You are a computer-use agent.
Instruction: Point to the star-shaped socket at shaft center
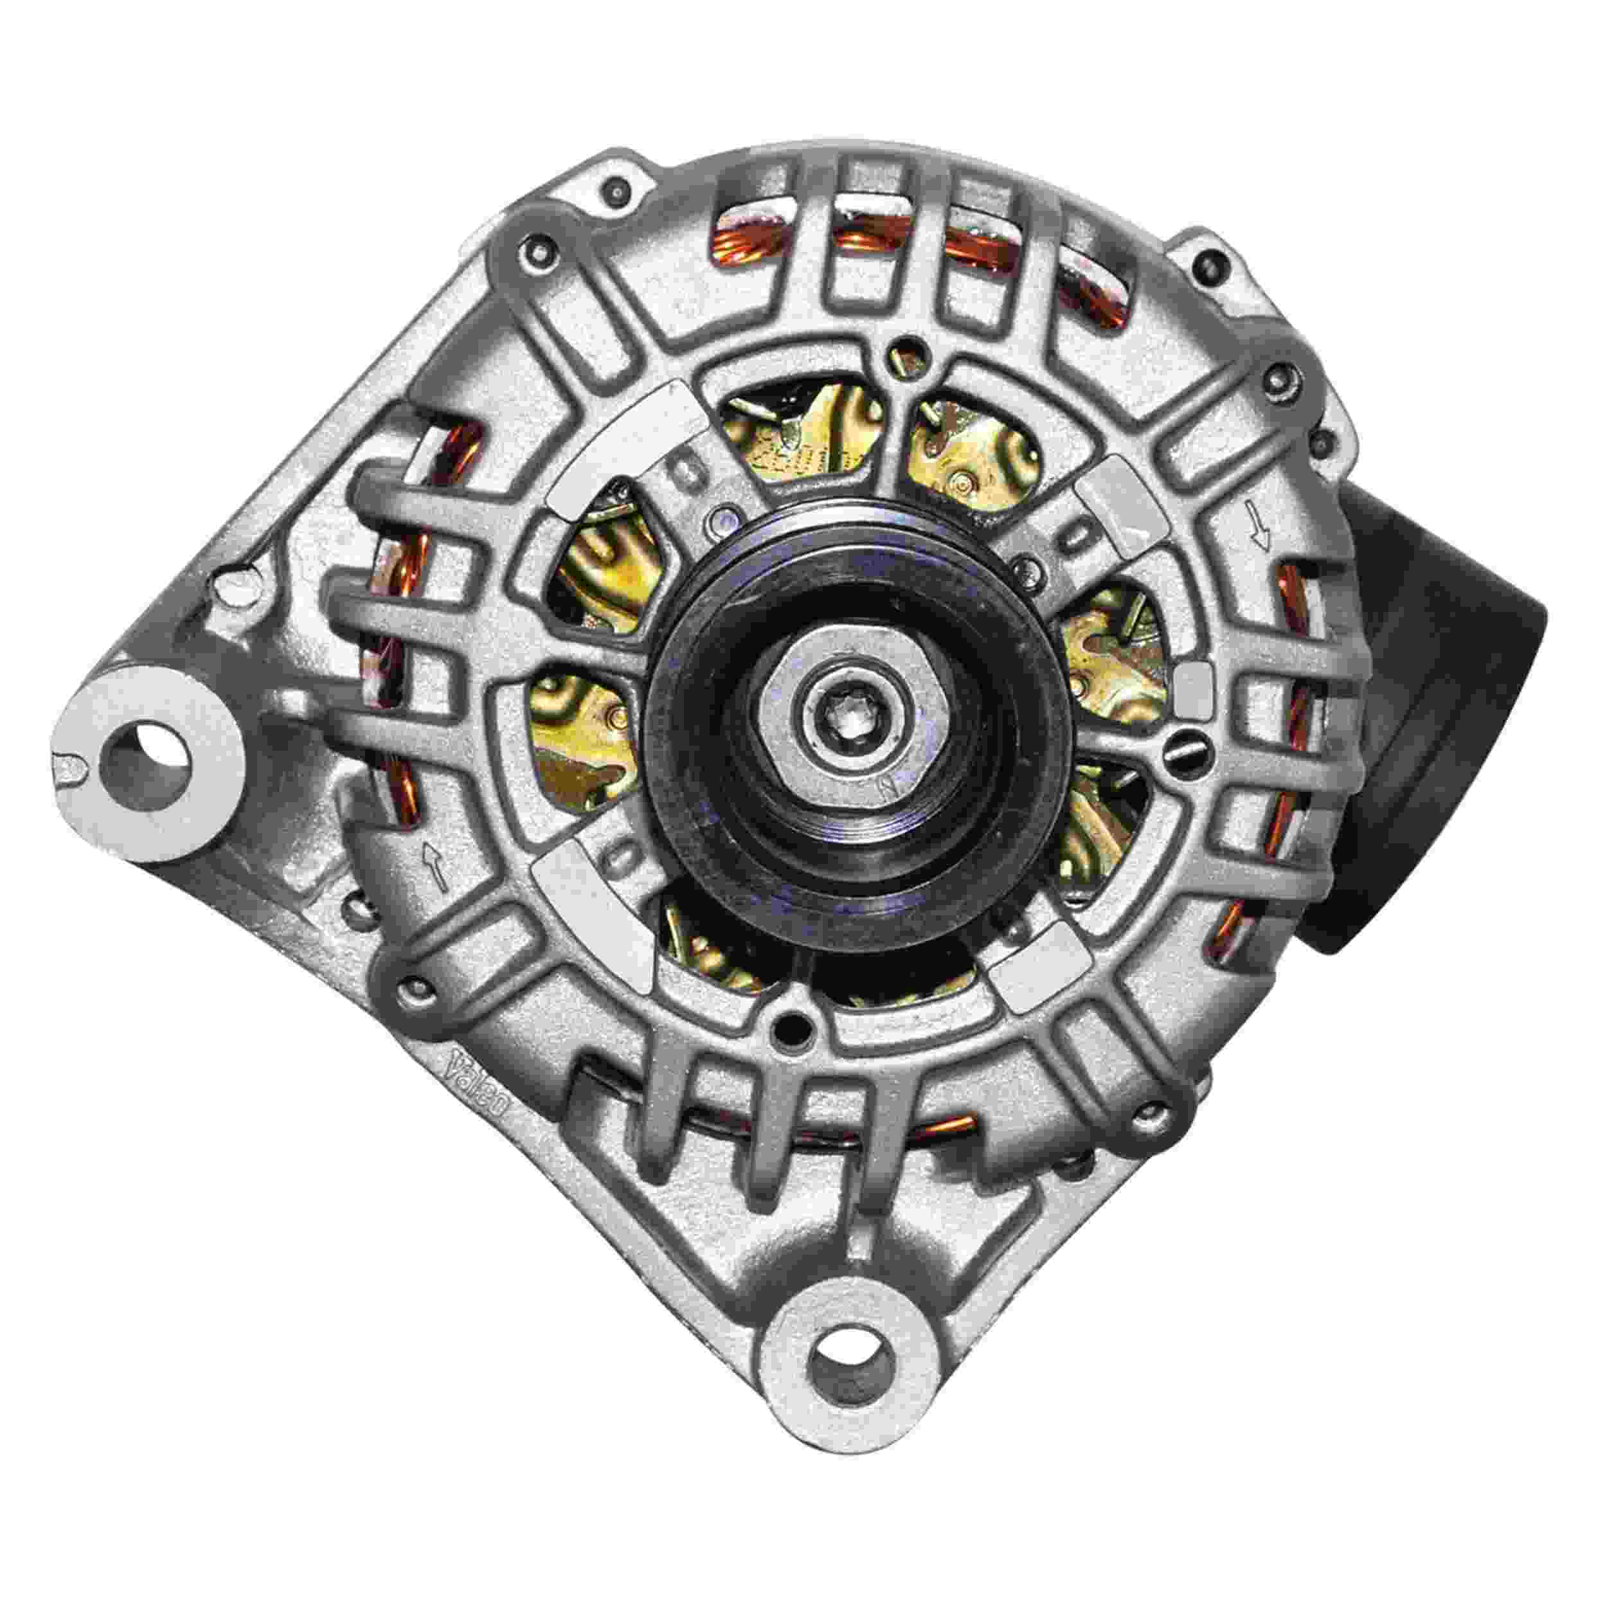838,712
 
